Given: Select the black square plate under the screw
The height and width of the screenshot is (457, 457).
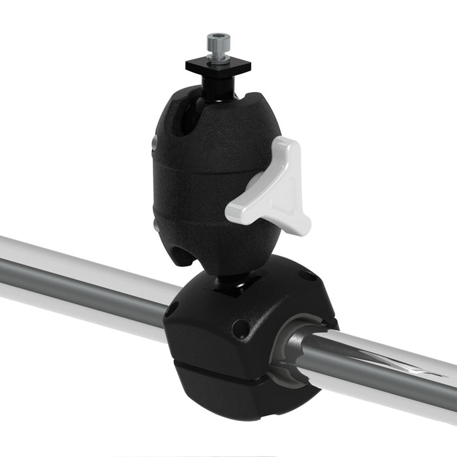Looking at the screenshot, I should [x=210, y=66].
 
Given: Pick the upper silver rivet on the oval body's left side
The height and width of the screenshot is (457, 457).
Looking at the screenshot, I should [x=155, y=142].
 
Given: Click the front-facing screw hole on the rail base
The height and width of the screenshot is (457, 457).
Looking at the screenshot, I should [x=241, y=328].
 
